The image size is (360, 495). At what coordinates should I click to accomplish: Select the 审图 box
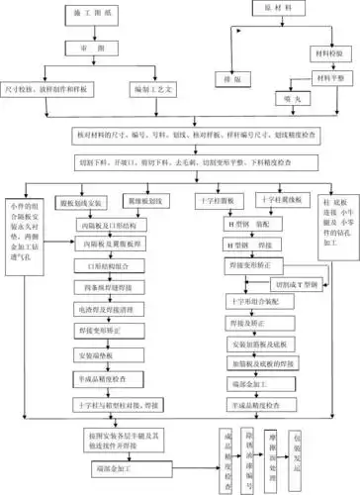(84, 48)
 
